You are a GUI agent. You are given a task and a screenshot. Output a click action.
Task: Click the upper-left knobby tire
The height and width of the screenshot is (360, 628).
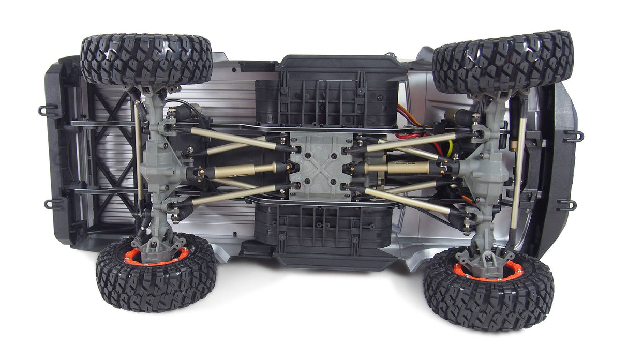(x=146, y=59)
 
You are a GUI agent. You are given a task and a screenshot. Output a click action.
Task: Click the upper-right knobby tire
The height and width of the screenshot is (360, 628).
(x=503, y=62)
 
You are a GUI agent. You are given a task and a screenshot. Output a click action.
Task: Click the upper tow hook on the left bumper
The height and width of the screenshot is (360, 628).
(x=47, y=110)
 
